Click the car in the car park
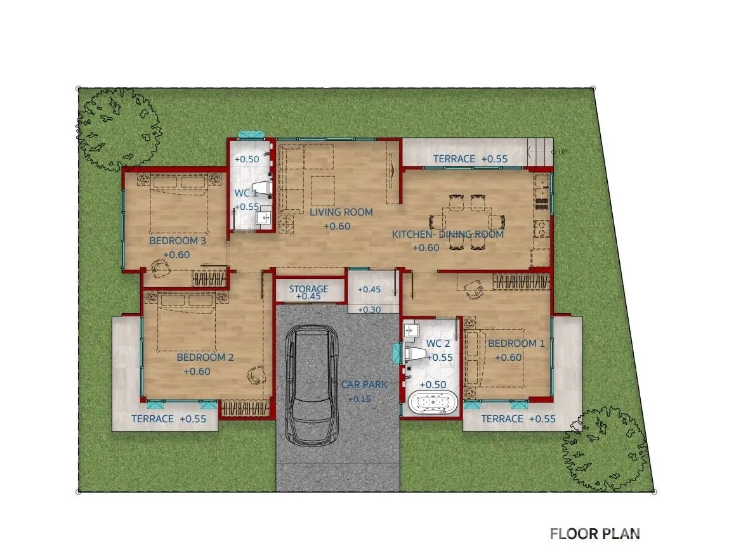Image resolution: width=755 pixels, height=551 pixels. [x=312, y=386]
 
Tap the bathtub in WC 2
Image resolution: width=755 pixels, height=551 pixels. [x=433, y=403]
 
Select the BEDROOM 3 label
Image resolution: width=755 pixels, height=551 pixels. [x=178, y=240]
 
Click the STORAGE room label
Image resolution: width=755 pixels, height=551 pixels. [x=308, y=288]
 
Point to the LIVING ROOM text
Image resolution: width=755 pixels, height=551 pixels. [x=341, y=212]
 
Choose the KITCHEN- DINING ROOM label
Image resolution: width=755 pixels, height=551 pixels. [x=448, y=235]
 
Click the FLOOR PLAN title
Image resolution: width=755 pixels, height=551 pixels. [x=594, y=534]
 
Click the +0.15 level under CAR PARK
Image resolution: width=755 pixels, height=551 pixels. [x=360, y=399]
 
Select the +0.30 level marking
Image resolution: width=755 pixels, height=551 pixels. [x=369, y=310]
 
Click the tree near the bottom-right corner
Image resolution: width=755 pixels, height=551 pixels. [x=604, y=449]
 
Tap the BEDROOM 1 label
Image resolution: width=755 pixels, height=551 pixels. [x=516, y=344]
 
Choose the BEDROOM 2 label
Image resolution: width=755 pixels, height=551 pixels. [x=205, y=358]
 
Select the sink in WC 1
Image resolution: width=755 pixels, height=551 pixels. [x=264, y=218]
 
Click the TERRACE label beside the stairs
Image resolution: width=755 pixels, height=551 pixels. [x=454, y=159]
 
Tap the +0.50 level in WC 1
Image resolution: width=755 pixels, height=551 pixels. [x=247, y=159]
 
